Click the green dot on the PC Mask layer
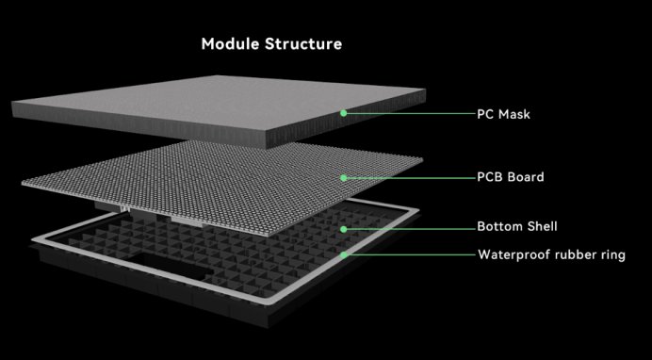344,113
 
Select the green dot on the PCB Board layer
344,177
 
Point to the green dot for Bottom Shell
344,228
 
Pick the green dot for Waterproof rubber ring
344,254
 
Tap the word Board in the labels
526,177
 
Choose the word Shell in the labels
545,228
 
